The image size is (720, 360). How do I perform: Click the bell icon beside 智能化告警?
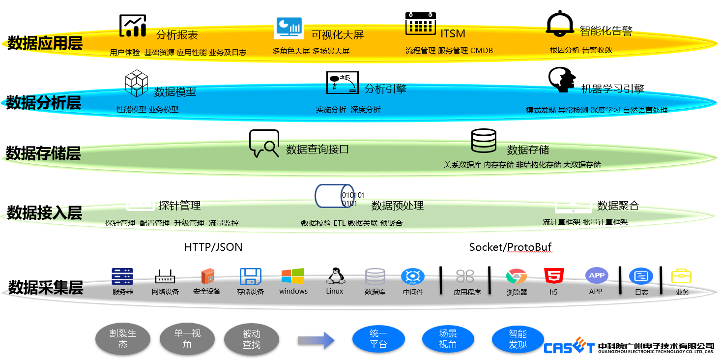pos(560,24)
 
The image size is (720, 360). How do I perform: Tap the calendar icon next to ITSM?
pos(420,24)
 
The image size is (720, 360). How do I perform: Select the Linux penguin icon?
pos(334,276)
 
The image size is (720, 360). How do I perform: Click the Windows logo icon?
pos(293,276)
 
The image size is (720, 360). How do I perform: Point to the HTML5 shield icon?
pos(554,276)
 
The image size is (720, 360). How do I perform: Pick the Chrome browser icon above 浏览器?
pos(516,277)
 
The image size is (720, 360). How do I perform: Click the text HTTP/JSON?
pos(213,247)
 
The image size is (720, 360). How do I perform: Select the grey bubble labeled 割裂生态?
pos(123,339)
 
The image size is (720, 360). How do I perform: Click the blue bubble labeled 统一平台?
pos(378,339)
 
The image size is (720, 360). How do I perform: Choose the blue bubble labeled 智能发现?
pos(518,339)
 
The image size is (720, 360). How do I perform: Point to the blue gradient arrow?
pos(316,340)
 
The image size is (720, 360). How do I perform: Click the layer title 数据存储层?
pos(43,153)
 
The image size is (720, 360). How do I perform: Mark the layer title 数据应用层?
pos(44,43)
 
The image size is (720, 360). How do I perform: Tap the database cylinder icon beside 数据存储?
pos(484,141)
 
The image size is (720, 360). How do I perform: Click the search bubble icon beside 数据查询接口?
pos(264,143)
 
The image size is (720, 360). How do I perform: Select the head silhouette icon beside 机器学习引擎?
pos(562,80)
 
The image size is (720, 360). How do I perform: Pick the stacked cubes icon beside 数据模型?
pos(136,83)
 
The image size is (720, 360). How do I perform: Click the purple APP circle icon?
pos(596,275)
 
